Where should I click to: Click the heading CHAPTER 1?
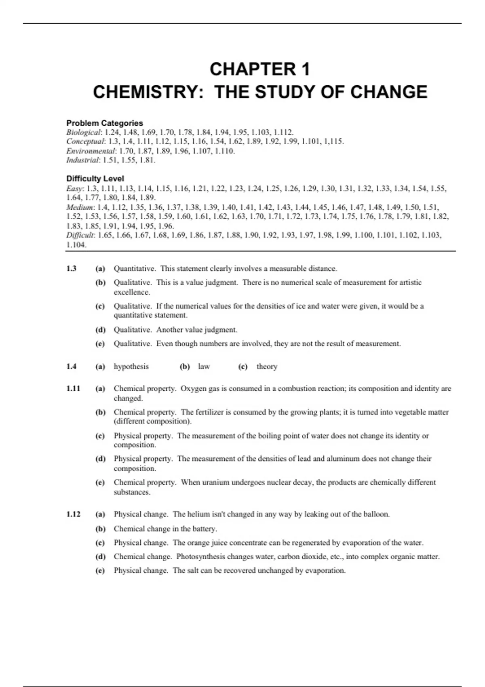tap(260, 69)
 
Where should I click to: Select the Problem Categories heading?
tap(104, 123)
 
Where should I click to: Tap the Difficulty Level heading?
tap(95, 178)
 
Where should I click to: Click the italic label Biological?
tap(83, 132)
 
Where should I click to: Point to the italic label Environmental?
tap(91, 151)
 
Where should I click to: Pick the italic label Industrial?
tap(82, 160)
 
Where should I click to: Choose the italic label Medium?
tap(80, 207)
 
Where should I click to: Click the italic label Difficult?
tap(80, 235)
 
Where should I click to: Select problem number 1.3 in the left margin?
tap(71, 269)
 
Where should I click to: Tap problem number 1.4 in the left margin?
tap(71, 367)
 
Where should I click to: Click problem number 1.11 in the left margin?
tap(73, 389)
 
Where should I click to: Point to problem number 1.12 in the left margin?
tap(73, 514)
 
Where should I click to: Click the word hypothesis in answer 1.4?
tap(131, 367)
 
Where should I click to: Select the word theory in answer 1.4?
tap(267, 367)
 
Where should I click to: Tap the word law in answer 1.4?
tap(204, 367)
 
